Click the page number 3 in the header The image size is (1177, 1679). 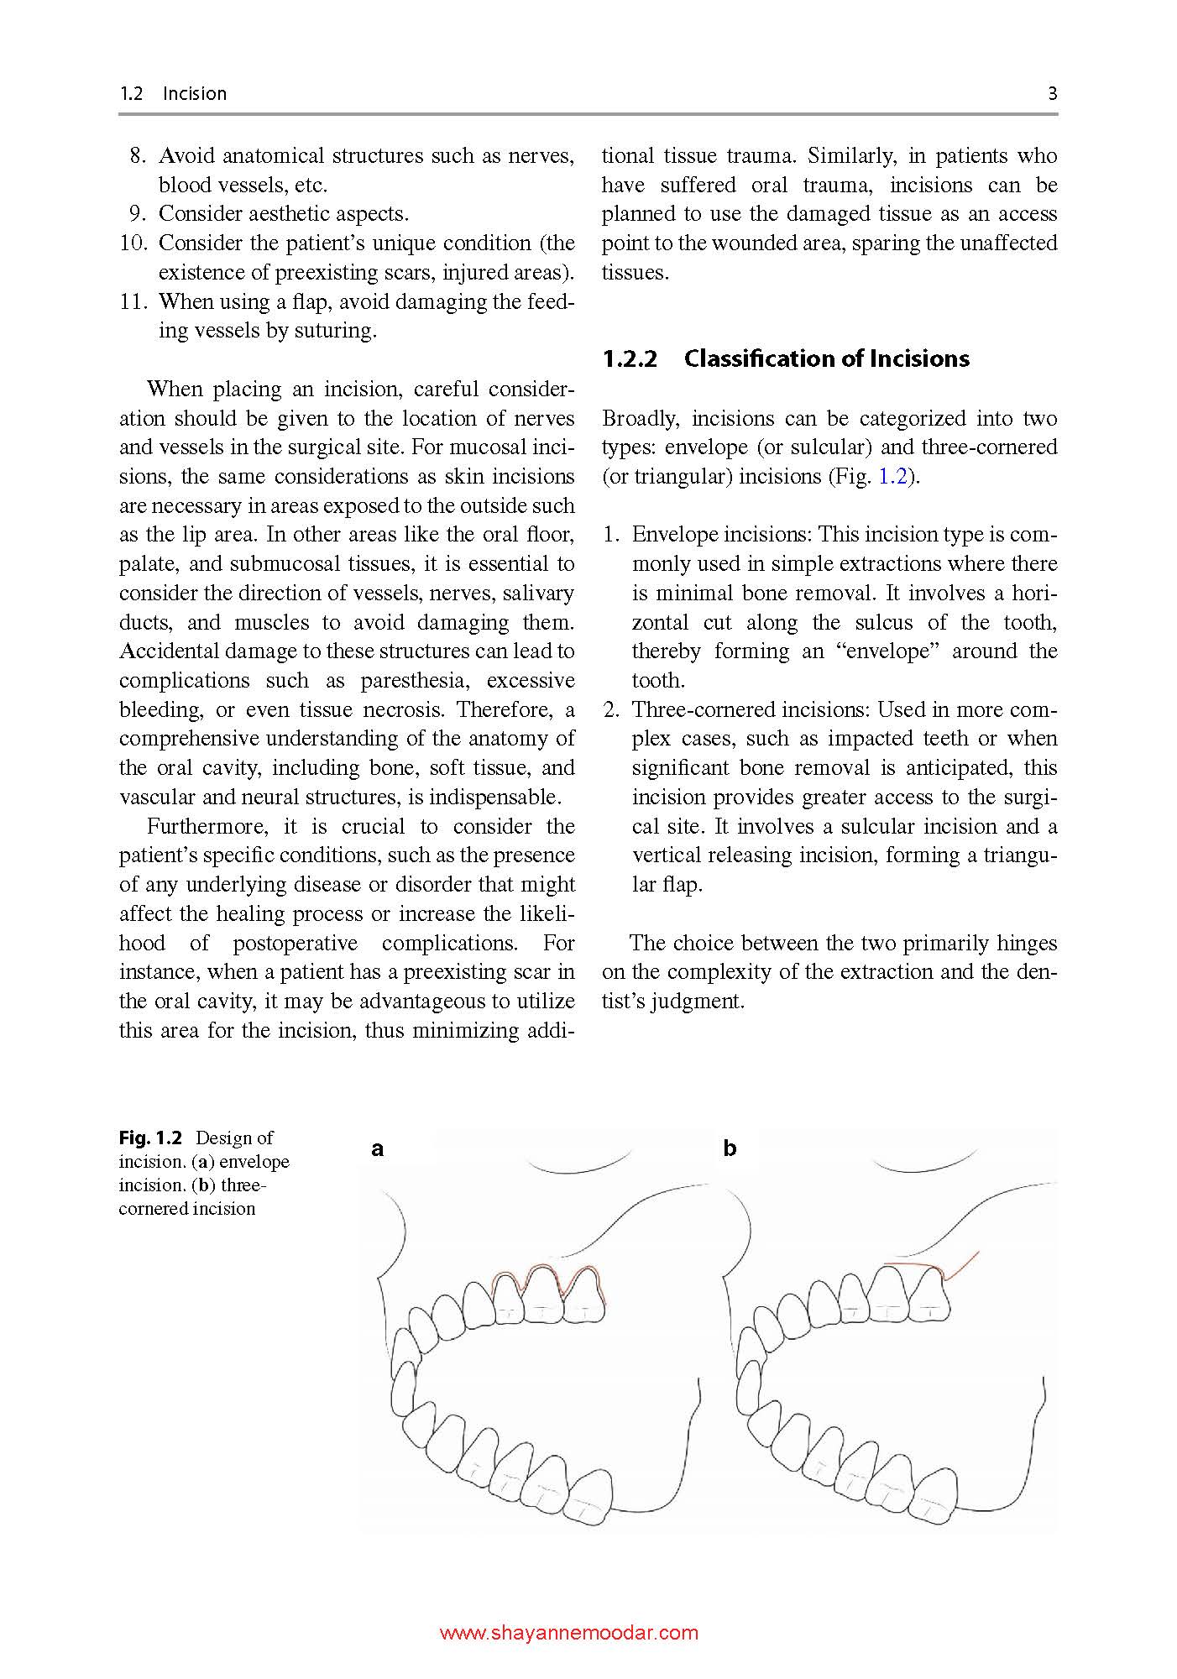(1052, 93)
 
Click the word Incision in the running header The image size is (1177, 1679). (195, 93)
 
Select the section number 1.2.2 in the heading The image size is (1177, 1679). (630, 358)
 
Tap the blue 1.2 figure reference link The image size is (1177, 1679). (892, 477)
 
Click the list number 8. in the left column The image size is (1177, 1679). (139, 156)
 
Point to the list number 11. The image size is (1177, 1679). (133, 301)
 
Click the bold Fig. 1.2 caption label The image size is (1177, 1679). (150, 1138)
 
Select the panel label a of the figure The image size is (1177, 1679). (378, 1148)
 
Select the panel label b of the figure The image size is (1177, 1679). (730, 1148)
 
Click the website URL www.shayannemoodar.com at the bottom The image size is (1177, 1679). (569, 1633)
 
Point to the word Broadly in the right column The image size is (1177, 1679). (641, 419)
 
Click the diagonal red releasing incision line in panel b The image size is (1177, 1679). (964, 1265)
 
